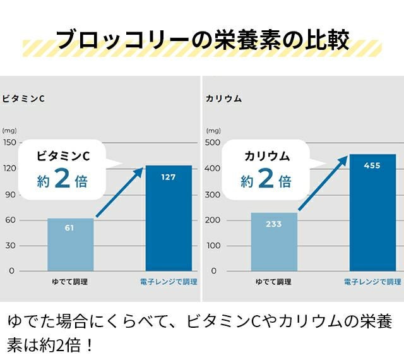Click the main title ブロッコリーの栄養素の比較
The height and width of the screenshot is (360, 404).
[202, 39]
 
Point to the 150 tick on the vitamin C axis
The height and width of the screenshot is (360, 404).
[9, 142]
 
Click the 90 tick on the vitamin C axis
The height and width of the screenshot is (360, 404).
[10, 194]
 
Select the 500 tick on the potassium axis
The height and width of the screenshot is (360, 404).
[213, 142]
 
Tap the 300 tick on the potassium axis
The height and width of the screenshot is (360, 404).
[213, 194]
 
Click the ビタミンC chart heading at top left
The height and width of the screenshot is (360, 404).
[23, 99]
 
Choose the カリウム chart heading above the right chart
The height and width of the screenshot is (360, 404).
[224, 99]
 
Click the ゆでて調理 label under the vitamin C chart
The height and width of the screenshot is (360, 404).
[69, 282]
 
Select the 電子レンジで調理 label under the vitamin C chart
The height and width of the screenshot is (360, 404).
[169, 282]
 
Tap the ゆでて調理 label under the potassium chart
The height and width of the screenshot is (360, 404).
[273, 282]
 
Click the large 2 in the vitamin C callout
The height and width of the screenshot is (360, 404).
[62, 180]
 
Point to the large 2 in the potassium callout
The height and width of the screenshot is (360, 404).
[266, 180]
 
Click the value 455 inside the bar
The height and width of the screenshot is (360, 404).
[372, 165]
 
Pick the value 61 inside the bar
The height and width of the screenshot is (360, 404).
[70, 227]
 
